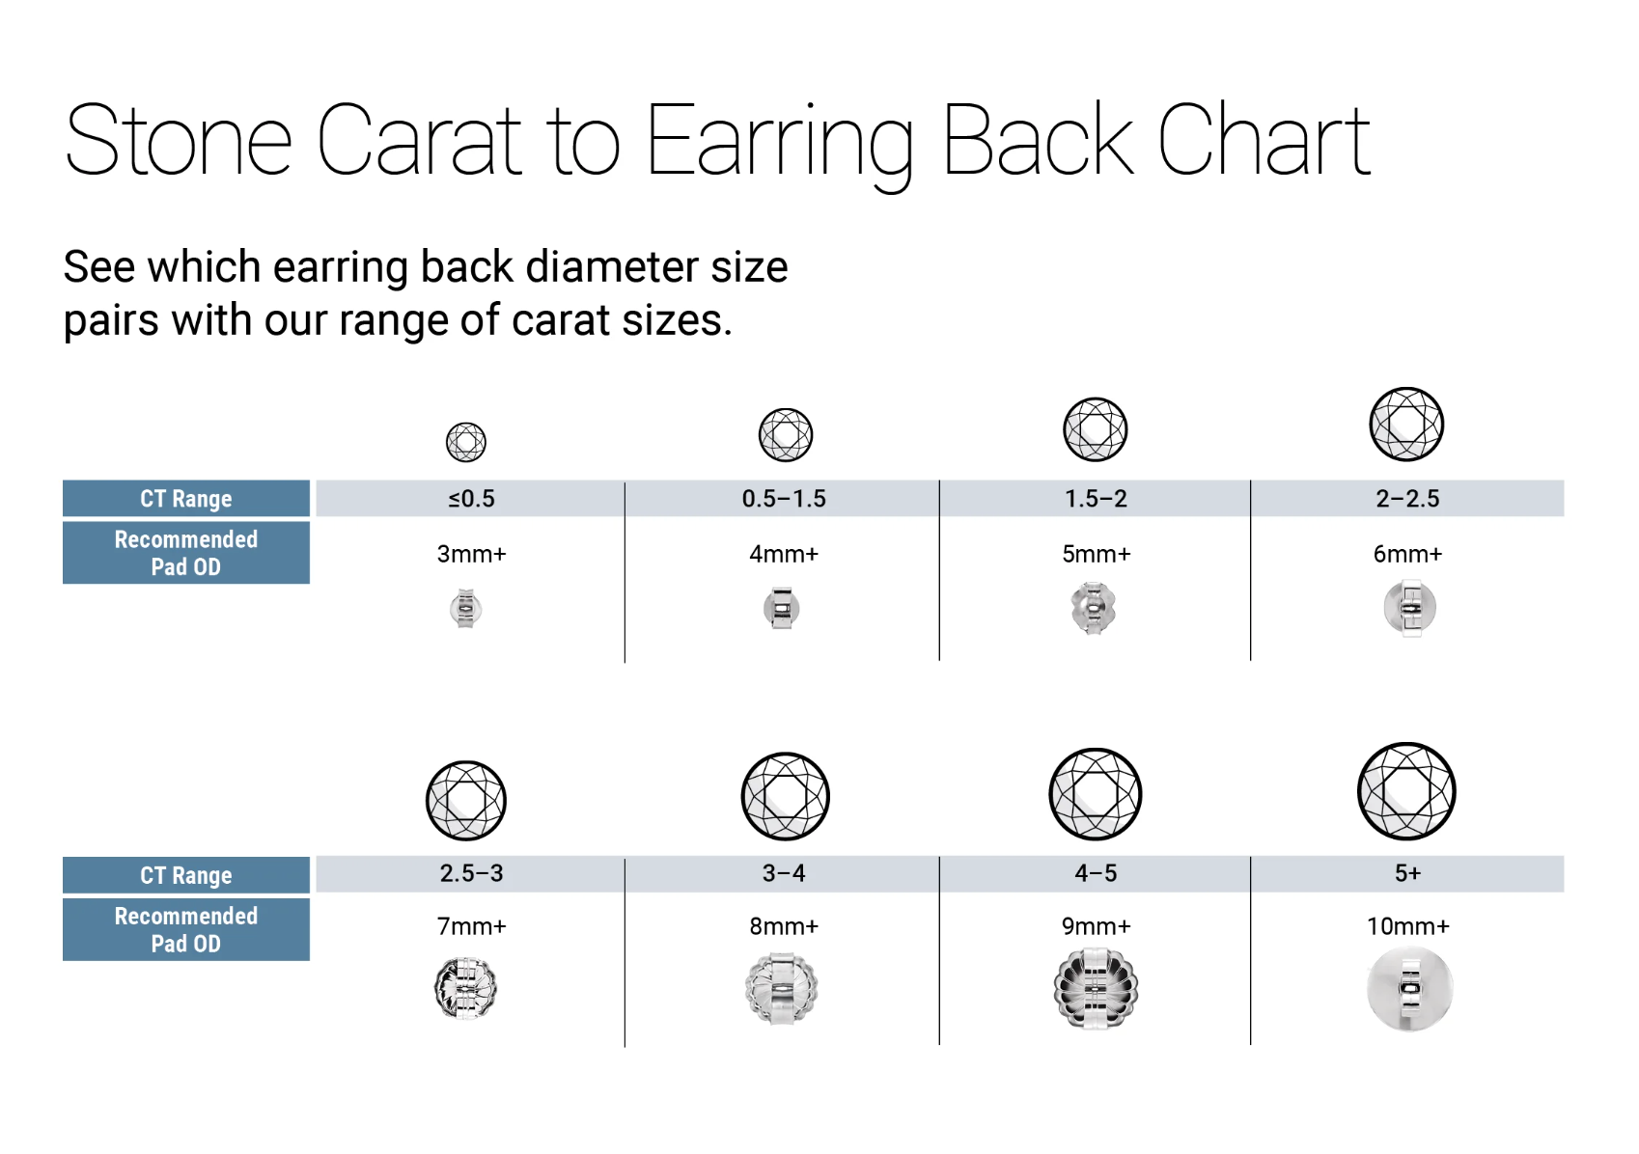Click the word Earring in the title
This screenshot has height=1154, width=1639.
click(780, 143)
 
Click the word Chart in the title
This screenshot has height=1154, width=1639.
click(1264, 139)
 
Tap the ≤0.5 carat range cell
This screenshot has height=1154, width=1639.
click(471, 499)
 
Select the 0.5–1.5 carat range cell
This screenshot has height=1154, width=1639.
click(783, 499)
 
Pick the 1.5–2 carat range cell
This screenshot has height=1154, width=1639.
click(1096, 499)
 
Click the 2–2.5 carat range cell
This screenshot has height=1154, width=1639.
click(1407, 499)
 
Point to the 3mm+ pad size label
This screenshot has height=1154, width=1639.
click(471, 555)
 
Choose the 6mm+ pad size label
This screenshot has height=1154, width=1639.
click(1407, 555)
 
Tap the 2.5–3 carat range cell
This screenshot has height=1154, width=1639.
click(471, 873)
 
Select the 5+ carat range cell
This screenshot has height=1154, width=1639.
click(1407, 873)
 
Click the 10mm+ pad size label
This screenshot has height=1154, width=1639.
click(1407, 926)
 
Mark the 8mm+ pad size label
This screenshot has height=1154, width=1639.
click(784, 926)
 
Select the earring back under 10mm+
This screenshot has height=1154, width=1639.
click(1409, 989)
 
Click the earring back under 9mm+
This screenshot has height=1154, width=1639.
click(1096, 989)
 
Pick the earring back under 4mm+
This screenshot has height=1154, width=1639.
click(782, 609)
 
